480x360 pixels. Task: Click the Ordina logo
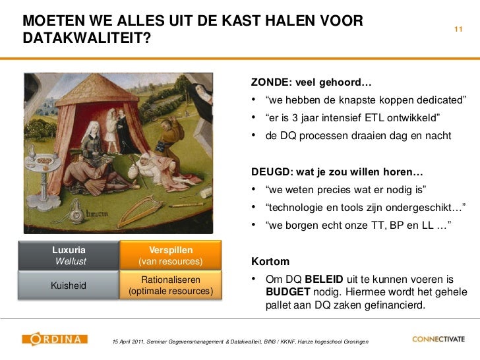click(55, 340)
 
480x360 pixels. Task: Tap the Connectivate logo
click(438, 340)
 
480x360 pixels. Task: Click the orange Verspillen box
click(171, 256)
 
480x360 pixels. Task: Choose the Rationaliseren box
click(171, 285)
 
